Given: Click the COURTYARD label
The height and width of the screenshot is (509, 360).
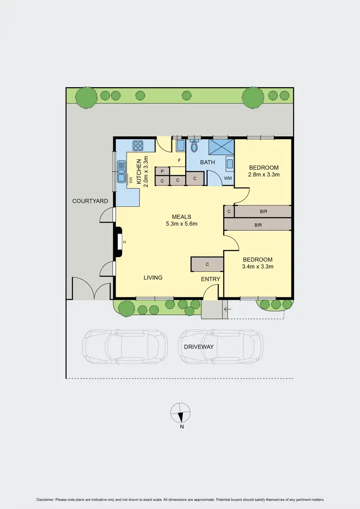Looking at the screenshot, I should click(90, 201).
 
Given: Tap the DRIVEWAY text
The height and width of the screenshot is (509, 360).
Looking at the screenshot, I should click(198, 346).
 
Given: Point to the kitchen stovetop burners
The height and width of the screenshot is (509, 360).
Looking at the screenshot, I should click(139, 145).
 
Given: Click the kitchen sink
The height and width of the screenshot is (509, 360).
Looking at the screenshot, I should click(120, 172).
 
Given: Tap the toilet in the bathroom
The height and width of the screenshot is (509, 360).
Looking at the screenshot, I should click(194, 145).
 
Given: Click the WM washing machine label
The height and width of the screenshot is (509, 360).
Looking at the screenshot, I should click(228, 178).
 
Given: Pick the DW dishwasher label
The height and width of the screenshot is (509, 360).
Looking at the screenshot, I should click(130, 180).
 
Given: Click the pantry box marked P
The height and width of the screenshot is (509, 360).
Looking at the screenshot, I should click(162, 171).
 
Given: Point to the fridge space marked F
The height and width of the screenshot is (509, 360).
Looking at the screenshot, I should click(179, 160).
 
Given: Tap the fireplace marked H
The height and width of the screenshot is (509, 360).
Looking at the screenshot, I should click(124, 242).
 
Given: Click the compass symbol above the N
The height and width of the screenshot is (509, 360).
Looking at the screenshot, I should click(180, 412).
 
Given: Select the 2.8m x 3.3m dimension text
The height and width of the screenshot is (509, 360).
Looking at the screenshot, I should click(263, 175).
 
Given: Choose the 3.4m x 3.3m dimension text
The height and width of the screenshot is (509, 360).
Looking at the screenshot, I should click(258, 267).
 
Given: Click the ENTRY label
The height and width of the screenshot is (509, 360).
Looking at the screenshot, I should click(211, 279).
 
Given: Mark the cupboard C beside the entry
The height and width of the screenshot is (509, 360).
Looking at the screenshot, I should click(207, 264).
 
